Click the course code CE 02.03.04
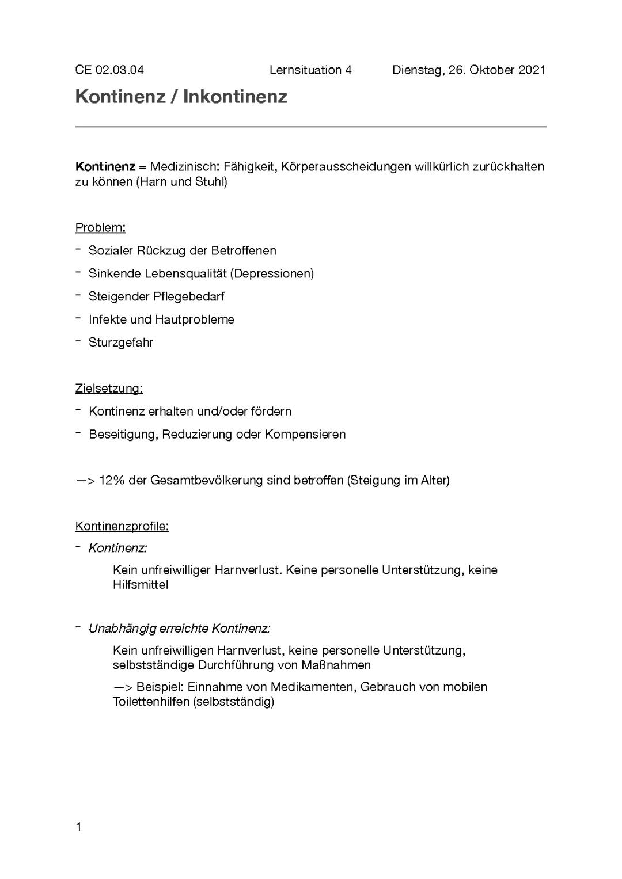[x=109, y=70]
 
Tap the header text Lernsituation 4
[x=310, y=70]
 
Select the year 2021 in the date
[x=532, y=70]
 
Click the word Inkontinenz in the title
[x=235, y=97]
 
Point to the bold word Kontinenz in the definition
[x=105, y=167]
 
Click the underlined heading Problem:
[x=100, y=227]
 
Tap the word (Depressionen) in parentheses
[x=272, y=273]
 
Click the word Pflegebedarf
[x=188, y=296]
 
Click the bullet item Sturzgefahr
[x=121, y=343]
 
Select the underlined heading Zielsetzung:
[x=109, y=389]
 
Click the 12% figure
[x=112, y=480]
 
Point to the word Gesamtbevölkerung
[x=206, y=480]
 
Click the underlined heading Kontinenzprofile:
[x=122, y=526]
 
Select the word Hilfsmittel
[x=141, y=585]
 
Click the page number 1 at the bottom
[x=79, y=827]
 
